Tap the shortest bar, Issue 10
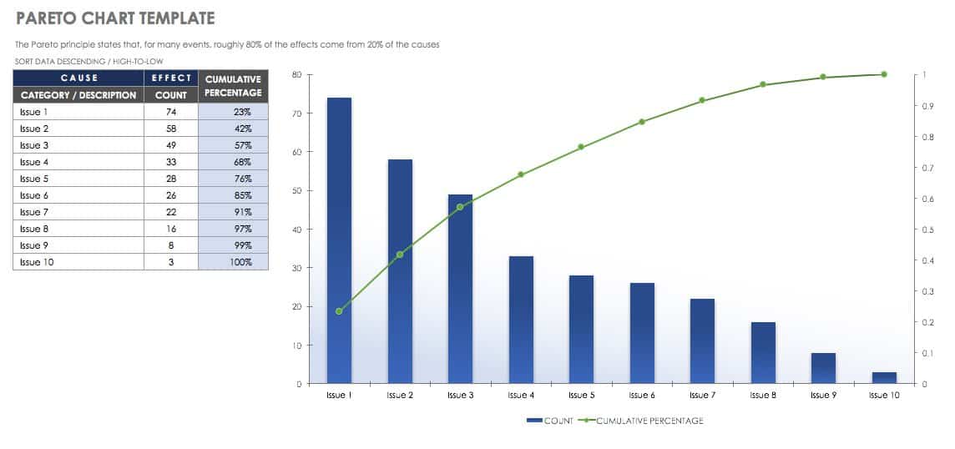(x=884, y=378)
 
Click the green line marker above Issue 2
(x=400, y=255)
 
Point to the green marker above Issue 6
(x=642, y=122)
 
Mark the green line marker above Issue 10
(x=884, y=74)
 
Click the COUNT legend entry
(x=550, y=421)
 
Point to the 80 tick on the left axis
(x=296, y=75)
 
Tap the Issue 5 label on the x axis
(x=581, y=396)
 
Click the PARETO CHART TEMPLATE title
(x=115, y=18)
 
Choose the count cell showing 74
(x=171, y=112)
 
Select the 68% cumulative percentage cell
(x=234, y=162)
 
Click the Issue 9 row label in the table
(x=79, y=245)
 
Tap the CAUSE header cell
(x=79, y=78)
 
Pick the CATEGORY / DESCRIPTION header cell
(x=79, y=95)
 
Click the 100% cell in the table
(x=234, y=262)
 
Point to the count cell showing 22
(x=171, y=212)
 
